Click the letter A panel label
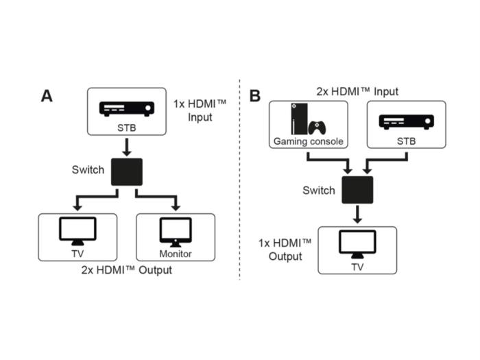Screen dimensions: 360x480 [47, 96]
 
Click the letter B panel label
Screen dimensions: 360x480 [254, 96]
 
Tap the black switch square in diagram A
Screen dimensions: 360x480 [127, 171]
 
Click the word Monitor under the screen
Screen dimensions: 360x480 [176, 254]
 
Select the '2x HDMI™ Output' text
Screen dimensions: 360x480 [127, 270]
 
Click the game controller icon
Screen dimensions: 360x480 [316, 128]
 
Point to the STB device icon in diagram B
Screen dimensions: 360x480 [406, 122]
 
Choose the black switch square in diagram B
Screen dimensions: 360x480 [357, 191]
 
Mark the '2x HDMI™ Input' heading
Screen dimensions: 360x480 [357, 91]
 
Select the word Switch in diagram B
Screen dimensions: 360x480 [319, 190]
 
